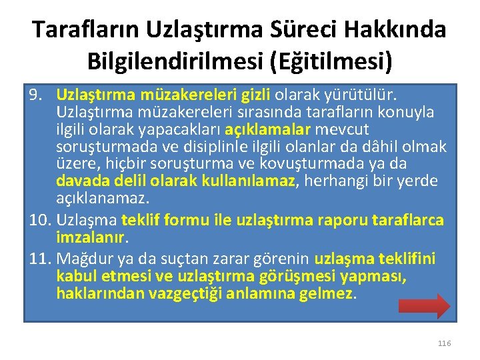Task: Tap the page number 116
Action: click(444, 343)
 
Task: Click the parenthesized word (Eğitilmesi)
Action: click(331, 61)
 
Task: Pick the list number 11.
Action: click(39, 258)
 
